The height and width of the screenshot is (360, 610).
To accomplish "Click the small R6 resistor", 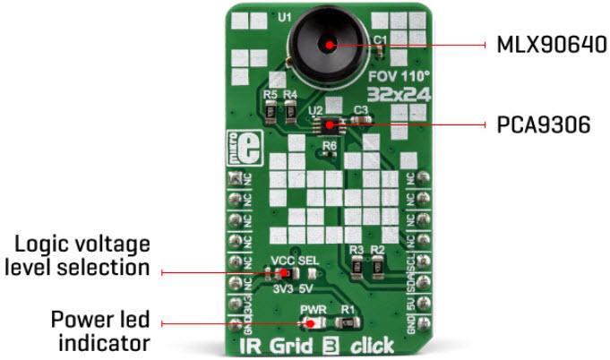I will (330, 155).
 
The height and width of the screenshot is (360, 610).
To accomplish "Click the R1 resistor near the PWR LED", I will (344, 323).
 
